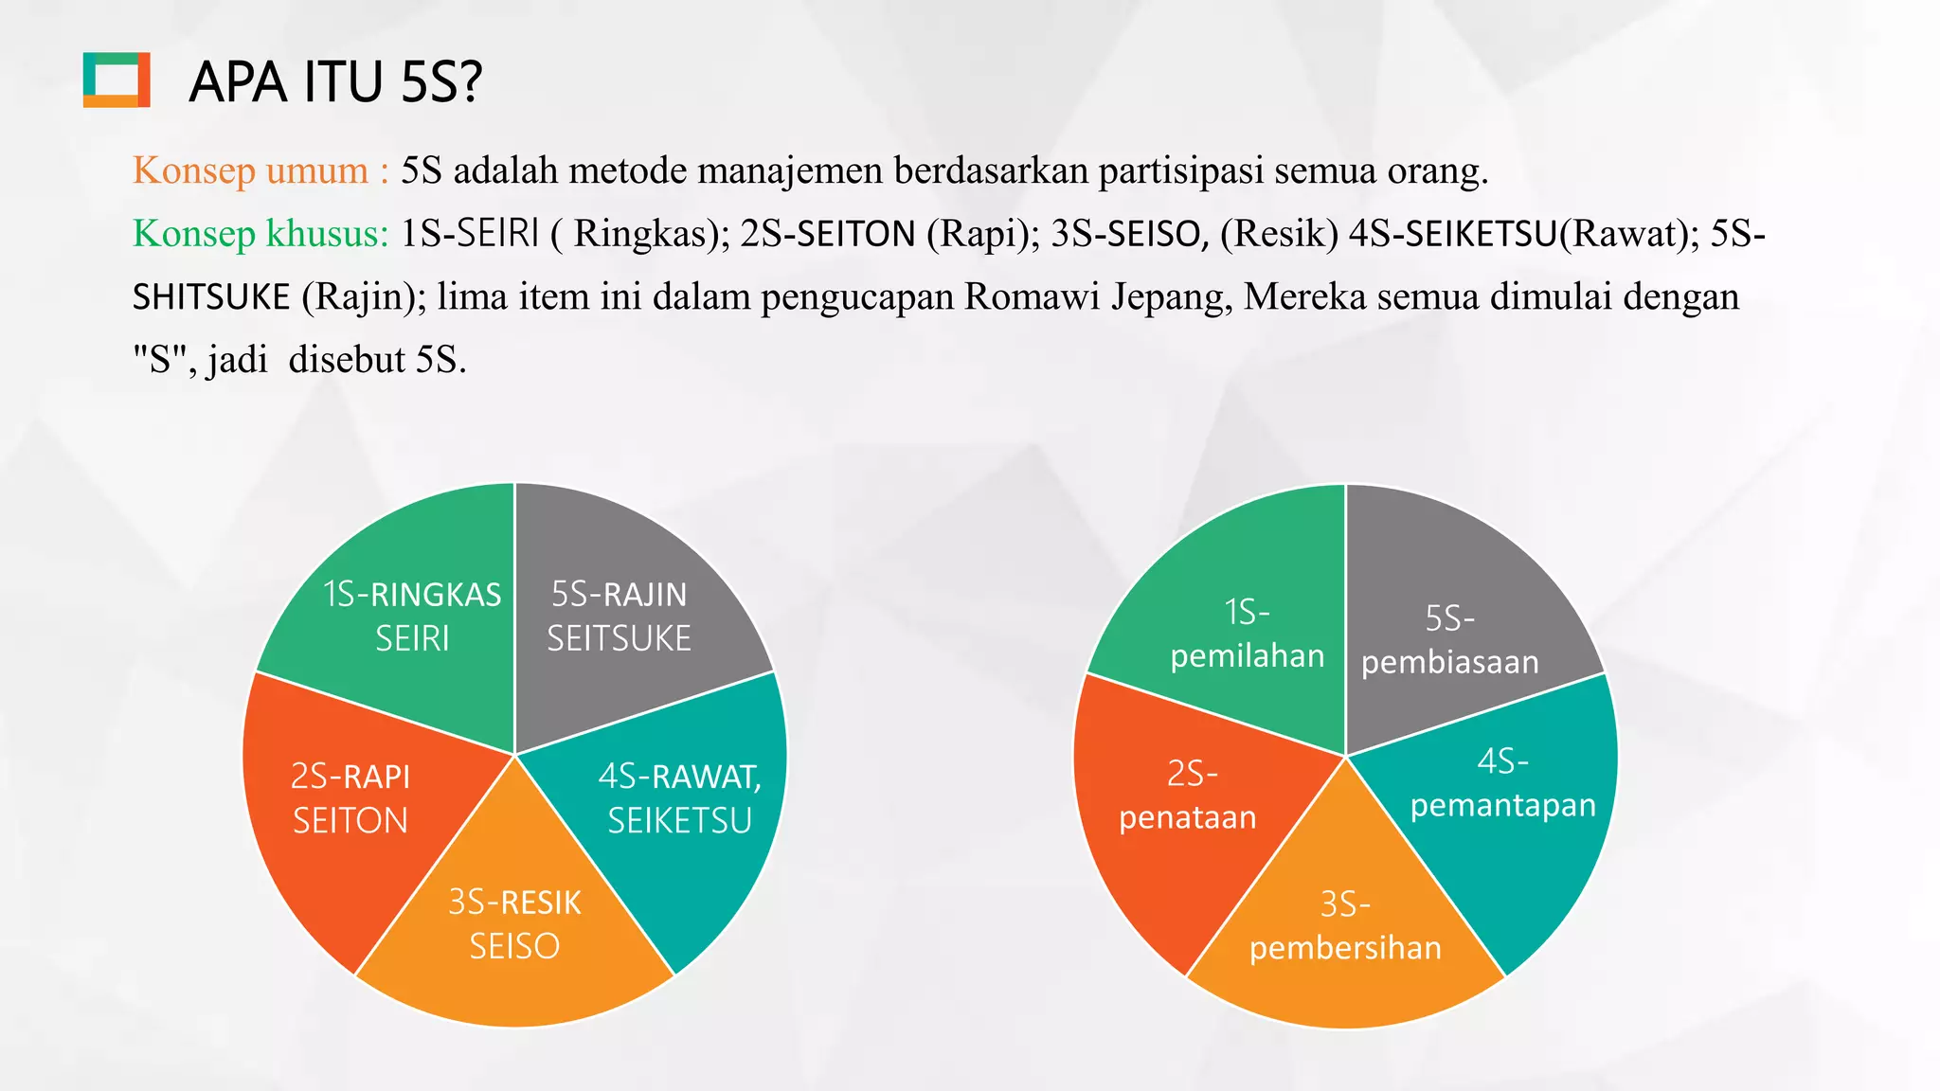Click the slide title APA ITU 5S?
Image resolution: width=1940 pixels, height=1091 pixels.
[335, 81]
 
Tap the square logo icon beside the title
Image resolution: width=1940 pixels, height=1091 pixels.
[117, 80]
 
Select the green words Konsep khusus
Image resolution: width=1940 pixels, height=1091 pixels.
[260, 234]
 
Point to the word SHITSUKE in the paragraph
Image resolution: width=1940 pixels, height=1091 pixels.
[211, 297]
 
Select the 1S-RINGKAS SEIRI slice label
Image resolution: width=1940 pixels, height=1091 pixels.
[412, 617]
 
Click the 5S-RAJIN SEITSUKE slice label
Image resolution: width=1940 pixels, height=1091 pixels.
[620, 617]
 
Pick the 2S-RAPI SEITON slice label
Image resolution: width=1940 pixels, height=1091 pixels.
[350, 798]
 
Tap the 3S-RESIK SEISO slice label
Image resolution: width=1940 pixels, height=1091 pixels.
[514, 924]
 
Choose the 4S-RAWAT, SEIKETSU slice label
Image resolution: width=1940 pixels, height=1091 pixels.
[680, 798]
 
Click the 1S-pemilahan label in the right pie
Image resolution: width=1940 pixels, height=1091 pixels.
[1247, 634]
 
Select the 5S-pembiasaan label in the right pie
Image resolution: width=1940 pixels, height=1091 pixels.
[1450, 640]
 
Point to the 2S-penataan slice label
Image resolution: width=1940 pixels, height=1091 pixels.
[1189, 796]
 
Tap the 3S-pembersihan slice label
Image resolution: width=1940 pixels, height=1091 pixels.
[1345, 926]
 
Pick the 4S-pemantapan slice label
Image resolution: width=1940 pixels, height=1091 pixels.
[1503, 783]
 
